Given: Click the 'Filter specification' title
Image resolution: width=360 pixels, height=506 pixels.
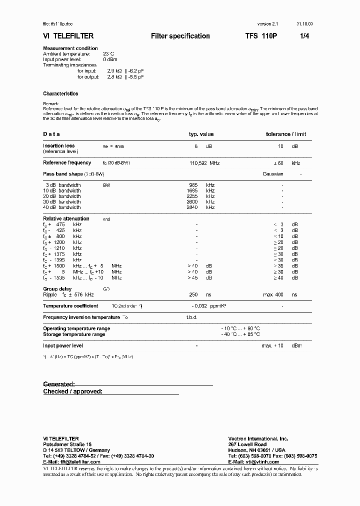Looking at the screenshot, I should click(180, 36).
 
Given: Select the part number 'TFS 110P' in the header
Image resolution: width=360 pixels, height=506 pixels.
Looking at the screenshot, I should click(257, 36).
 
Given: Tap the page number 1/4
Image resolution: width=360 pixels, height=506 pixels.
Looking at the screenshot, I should click(304, 36).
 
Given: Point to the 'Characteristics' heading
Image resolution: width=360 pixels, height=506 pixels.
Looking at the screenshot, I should click(60, 93).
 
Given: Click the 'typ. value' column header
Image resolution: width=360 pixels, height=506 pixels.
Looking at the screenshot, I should click(201, 134).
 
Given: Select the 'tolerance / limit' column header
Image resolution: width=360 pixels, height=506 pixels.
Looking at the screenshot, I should click(285, 134).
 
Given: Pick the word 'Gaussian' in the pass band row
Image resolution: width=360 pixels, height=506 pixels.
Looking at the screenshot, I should click(273, 174).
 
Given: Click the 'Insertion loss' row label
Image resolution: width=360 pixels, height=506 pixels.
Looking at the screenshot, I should click(58, 146).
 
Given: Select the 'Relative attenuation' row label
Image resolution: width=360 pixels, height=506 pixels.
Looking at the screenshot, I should click(66, 218).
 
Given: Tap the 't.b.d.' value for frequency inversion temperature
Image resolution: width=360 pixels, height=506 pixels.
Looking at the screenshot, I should click(191, 317).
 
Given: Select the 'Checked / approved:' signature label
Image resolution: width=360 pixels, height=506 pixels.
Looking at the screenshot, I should click(72, 391).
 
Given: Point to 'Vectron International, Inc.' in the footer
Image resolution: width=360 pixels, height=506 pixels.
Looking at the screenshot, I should click(258, 438).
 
